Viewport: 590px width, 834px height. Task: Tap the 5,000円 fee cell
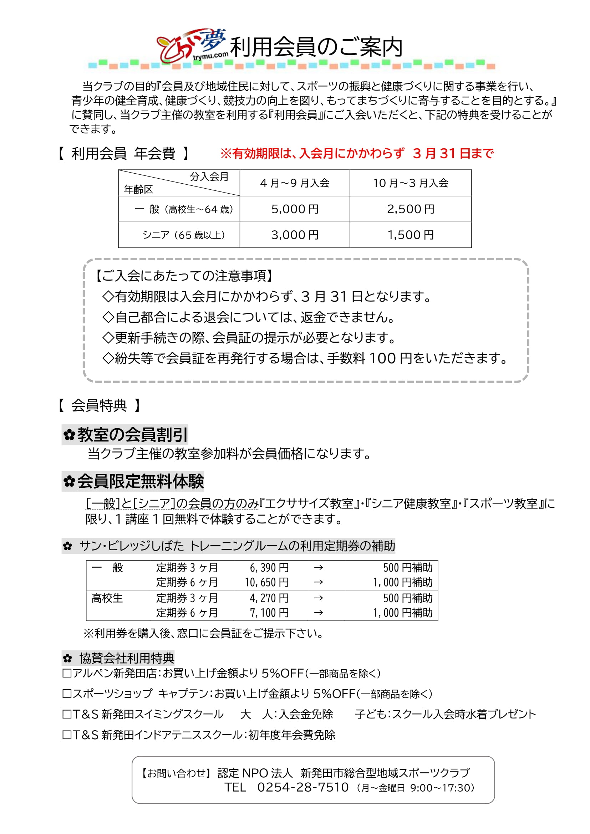[x=295, y=209]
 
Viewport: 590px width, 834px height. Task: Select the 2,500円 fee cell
[x=411, y=209]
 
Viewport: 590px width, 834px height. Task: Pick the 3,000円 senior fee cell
[x=295, y=235]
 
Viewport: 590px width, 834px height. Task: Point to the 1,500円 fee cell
[x=411, y=235]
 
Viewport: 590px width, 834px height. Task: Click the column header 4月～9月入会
[x=295, y=183]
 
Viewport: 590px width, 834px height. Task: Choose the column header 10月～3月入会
[x=411, y=183]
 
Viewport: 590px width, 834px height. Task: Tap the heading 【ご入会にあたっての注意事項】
[x=184, y=276]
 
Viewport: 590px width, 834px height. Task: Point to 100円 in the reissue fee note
[x=390, y=358]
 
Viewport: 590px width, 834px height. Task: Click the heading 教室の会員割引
[x=125, y=435]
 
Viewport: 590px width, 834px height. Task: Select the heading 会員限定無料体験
[x=133, y=481]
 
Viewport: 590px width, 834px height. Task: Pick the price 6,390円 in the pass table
[x=269, y=568]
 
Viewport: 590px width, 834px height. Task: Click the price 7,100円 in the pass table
[x=269, y=613]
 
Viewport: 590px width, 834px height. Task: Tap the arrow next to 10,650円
[x=318, y=583]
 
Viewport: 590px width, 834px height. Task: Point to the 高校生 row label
[x=107, y=598]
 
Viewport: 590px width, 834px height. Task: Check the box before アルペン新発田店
[x=67, y=674]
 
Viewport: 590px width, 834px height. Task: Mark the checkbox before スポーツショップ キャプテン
[x=67, y=694]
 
